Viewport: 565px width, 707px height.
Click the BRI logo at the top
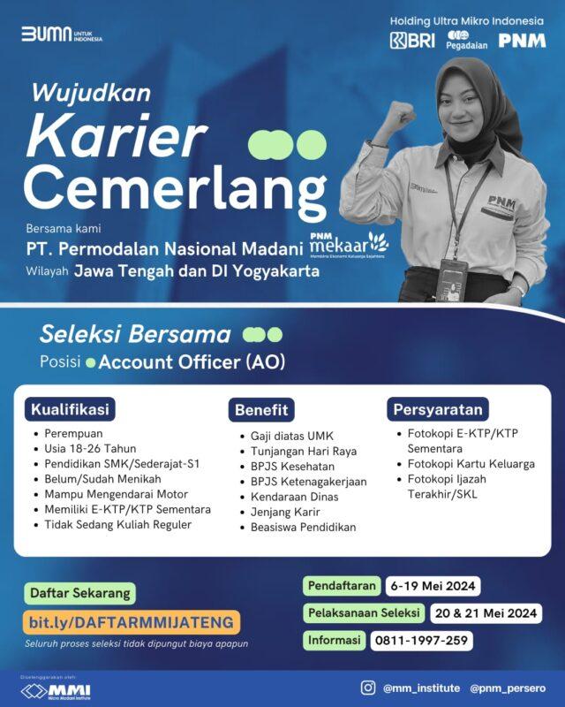click(x=412, y=41)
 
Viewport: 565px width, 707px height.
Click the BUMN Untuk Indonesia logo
click(x=62, y=34)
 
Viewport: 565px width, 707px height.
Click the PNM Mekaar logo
click(x=348, y=242)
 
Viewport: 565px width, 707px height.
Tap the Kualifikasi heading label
click(x=70, y=410)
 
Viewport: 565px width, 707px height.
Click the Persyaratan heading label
click(x=440, y=410)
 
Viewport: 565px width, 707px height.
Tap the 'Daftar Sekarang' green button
click(x=80, y=592)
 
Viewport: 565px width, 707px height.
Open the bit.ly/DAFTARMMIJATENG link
click(x=130, y=622)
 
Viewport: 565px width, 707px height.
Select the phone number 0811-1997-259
click(x=420, y=641)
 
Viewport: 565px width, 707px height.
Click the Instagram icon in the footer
click(x=368, y=687)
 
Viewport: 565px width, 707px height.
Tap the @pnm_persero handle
click(x=507, y=688)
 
